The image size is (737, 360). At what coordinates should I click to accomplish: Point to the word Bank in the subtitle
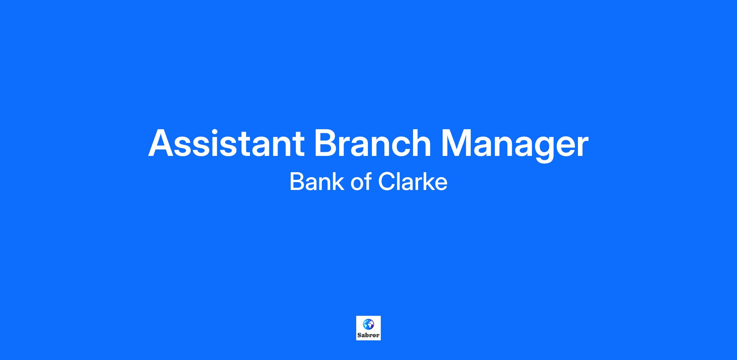(x=317, y=182)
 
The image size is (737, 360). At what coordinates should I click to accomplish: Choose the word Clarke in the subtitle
(x=413, y=182)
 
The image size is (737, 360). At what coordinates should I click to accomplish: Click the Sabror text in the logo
(x=368, y=335)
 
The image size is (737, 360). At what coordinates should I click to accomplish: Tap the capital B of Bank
(x=297, y=182)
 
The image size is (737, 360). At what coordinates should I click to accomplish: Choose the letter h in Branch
(x=420, y=142)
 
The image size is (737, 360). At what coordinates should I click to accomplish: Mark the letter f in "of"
(x=368, y=181)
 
